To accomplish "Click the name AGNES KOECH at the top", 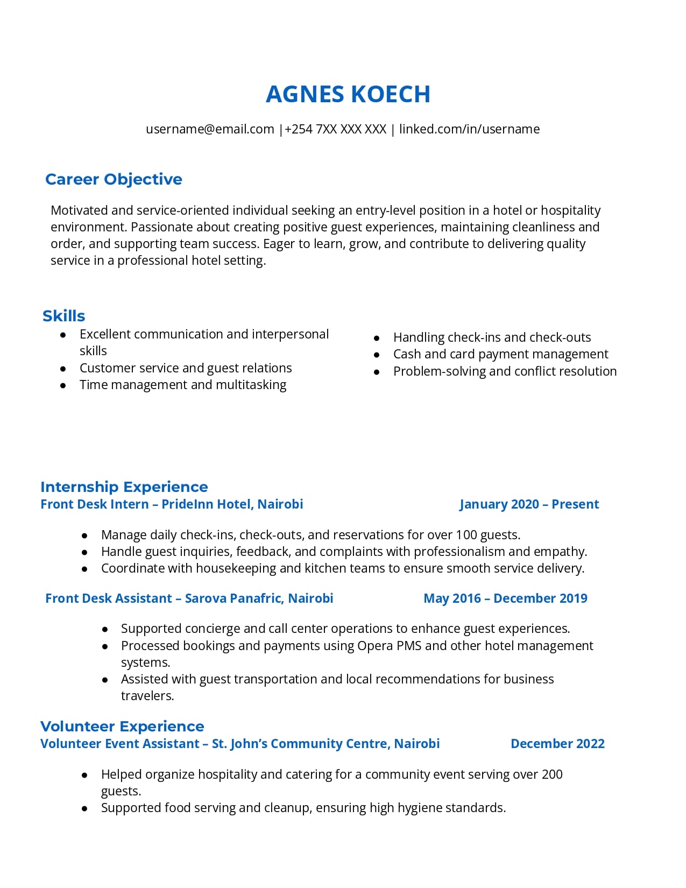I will [348, 94].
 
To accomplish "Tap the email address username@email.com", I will [210, 129].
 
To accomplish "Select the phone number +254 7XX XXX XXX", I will [335, 129].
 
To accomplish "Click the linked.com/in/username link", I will [469, 129].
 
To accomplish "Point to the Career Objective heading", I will [114, 179].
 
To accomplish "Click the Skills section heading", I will [63, 316].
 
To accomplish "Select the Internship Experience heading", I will [124, 487].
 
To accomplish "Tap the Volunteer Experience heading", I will [122, 727].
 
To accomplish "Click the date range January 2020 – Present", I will [529, 504].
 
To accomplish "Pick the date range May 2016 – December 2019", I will [505, 598].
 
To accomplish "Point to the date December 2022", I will [557, 744].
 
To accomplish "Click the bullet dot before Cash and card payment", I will [377, 355].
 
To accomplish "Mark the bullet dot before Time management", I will [63, 385].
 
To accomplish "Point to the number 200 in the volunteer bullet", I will [552, 774].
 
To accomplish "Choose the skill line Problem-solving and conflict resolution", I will [505, 371].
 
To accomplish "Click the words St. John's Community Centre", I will [300, 744].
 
